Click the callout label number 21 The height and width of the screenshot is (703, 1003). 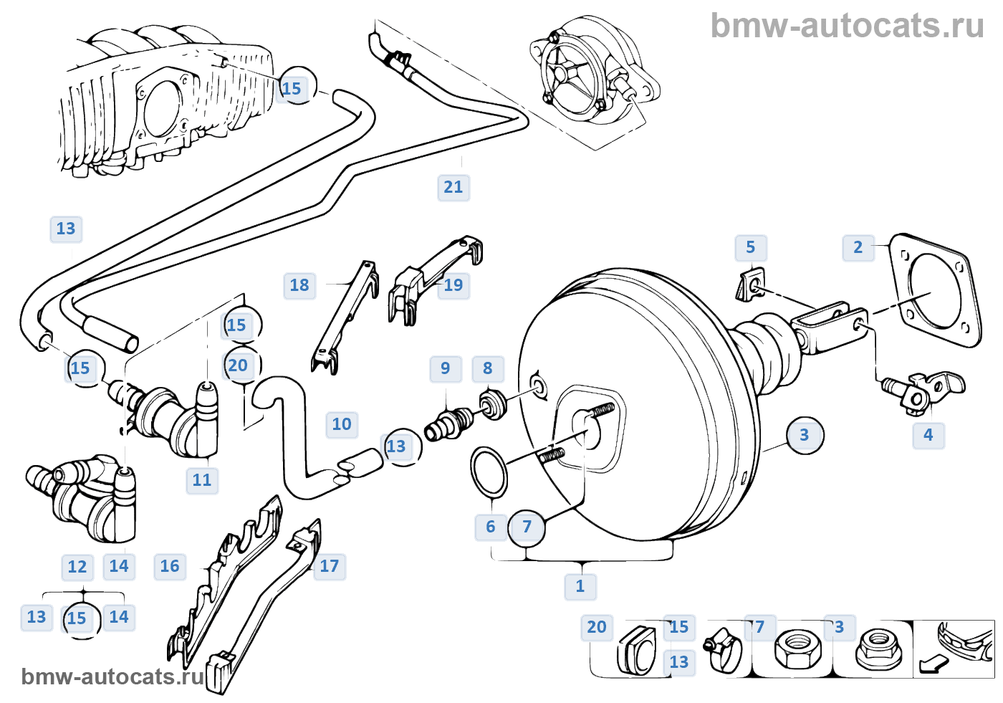click(x=453, y=187)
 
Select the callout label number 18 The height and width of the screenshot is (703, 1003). click(x=299, y=285)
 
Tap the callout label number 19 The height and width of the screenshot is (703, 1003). click(x=453, y=285)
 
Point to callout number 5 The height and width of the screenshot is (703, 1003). click(x=750, y=247)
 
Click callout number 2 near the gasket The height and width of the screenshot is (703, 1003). click(x=858, y=247)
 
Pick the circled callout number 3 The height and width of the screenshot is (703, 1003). click(x=805, y=435)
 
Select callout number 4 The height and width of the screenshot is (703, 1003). click(x=928, y=435)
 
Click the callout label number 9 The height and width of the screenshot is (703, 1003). click(x=445, y=368)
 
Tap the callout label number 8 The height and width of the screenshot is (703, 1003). click(x=487, y=368)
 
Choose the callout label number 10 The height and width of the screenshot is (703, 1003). click(x=342, y=424)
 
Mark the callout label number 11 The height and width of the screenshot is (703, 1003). click(x=202, y=480)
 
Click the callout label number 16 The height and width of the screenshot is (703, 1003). click(x=170, y=566)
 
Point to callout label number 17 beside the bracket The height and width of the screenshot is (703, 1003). click(x=329, y=566)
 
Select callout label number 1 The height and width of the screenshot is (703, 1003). click(x=580, y=586)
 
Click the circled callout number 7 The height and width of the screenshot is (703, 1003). click(x=527, y=527)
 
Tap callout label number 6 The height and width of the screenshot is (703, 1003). click(x=490, y=527)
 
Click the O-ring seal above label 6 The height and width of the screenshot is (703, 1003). click(x=489, y=472)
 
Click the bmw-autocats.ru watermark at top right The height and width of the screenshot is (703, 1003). click(x=847, y=26)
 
